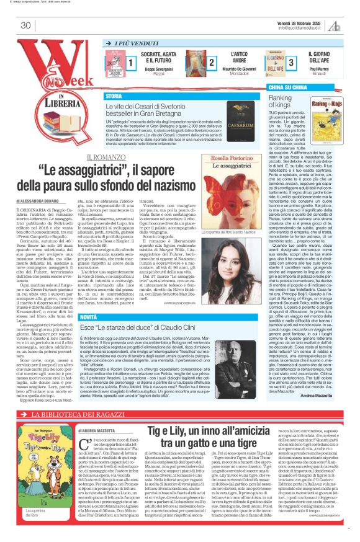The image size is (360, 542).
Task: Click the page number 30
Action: coord(25,25)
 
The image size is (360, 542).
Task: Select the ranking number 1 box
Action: coord(131,63)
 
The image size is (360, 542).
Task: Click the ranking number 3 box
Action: coord(291,63)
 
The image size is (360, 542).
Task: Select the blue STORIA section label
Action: coord(114,97)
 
